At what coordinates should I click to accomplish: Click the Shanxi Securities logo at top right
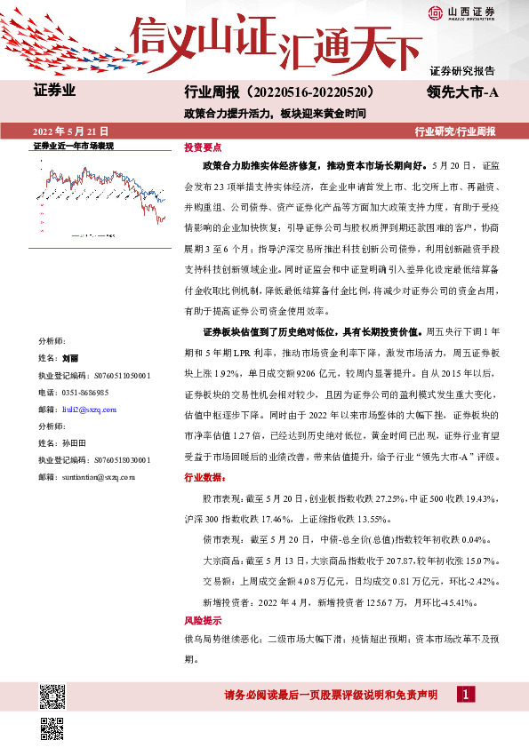pyautogui.click(x=461, y=12)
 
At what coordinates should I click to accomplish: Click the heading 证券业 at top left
pyautogui.click(x=54, y=91)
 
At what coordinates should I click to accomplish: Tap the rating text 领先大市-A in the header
pyautogui.click(x=461, y=92)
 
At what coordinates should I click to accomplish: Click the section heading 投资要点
pyautogui.click(x=202, y=146)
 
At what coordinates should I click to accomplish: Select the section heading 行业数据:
pyautogui.click(x=204, y=477)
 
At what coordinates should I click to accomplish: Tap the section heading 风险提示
pyautogui.click(x=202, y=620)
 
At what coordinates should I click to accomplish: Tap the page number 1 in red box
pyautogui.click(x=465, y=694)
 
